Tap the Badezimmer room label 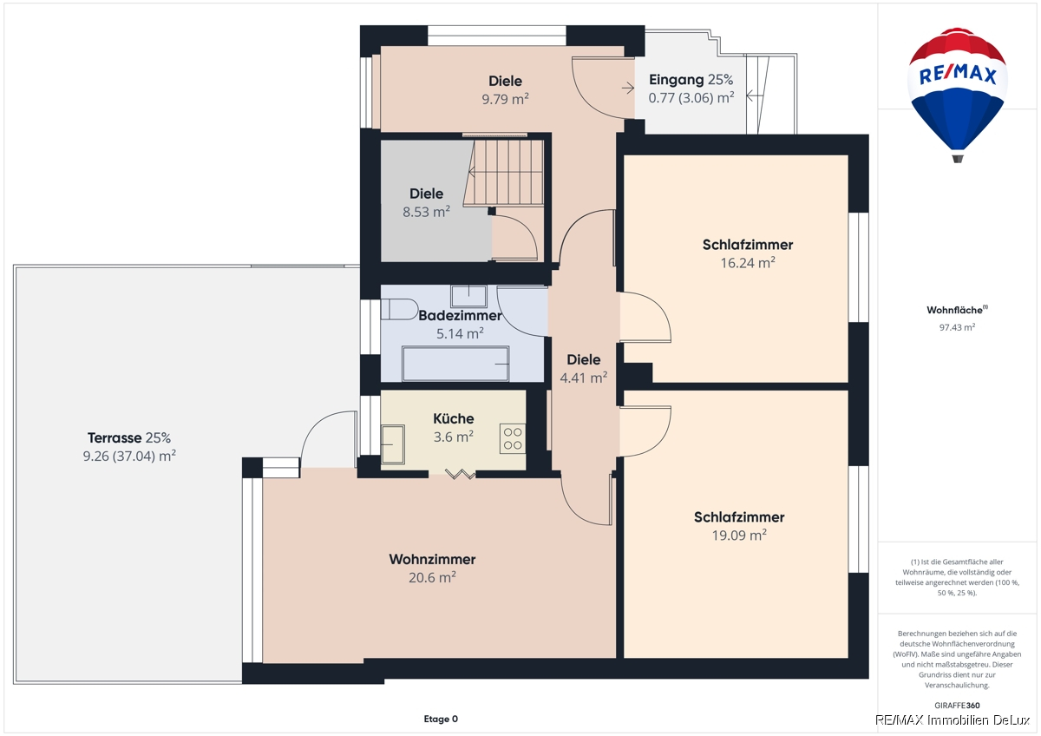click(x=460, y=315)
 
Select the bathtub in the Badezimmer click(x=455, y=364)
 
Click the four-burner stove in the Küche click(x=513, y=438)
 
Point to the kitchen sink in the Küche click(x=393, y=444)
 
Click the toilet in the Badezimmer click(x=399, y=309)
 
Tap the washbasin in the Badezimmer click(x=468, y=296)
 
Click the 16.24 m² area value click(x=747, y=263)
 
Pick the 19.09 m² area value click(x=739, y=536)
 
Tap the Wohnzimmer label click(x=432, y=559)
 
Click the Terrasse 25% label click(x=129, y=437)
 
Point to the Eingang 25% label click(x=691, y=80)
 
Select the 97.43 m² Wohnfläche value click(x=957, y=327)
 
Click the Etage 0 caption click(x=441, y=719)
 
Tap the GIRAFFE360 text click(x=957, y=706)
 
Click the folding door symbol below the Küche click(x=460, y=474)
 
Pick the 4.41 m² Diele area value click(x=583, y=378)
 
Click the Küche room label click(x=453, y=418)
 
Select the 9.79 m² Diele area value click(x=505, y=99)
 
